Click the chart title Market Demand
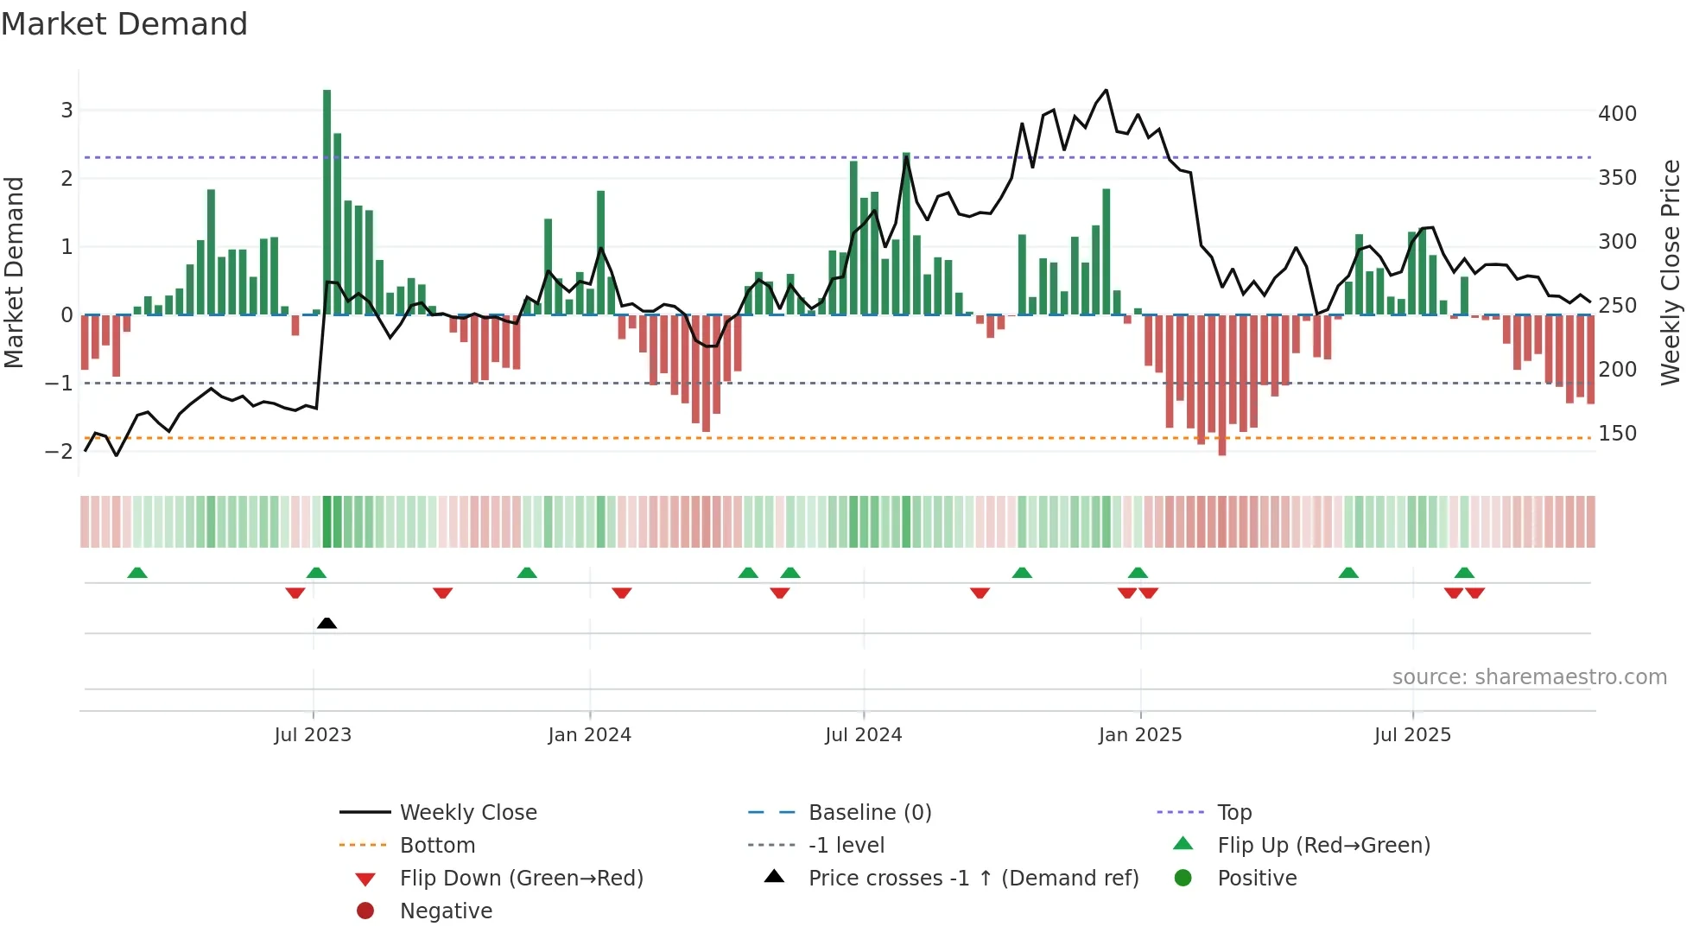point(124,24)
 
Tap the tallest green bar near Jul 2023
point(327,201)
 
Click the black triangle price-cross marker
point(327,623)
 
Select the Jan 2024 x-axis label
point(589,735)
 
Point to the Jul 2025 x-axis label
point(1412,735)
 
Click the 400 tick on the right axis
point(1617,114)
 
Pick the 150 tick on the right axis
point(1617,434)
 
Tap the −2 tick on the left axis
point(60,452)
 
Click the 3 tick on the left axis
point(67,111)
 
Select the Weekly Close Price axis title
point(1671,272)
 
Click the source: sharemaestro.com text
point(1529,677)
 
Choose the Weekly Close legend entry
point(467,813)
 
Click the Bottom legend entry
point(437,846)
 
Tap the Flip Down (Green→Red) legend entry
point(521,879)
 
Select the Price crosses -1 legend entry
point(973,879)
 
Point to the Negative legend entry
point(446,911)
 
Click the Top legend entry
point(1233,813)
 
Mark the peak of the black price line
point(1106,90)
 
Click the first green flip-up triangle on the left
point(136,573)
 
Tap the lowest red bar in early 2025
point(1221,385)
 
